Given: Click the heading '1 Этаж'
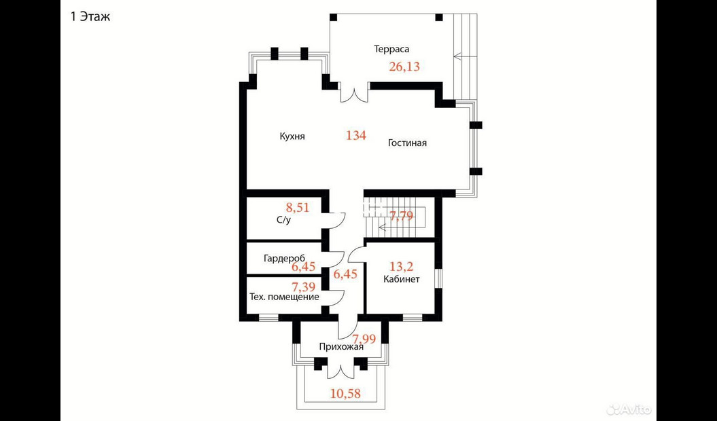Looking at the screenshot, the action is (90, 18).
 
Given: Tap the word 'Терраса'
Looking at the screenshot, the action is (391, 50).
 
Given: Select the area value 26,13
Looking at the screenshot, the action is (404, 67).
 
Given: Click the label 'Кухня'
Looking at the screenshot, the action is (292, 136).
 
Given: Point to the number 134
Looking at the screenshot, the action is (355, 135).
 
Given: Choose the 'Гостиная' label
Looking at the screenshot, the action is (407, 143).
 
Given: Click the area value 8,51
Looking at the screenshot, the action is (298, 208).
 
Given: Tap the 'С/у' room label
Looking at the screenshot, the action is (283, 220).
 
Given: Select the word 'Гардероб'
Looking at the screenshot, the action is (285, 258).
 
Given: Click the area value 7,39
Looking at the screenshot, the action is (304, 287).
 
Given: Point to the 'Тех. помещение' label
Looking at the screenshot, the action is (284, 297).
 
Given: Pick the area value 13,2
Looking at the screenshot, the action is (402, 266).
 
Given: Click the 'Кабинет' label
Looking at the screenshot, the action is (402, 279).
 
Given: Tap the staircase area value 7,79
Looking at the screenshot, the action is (401, 215).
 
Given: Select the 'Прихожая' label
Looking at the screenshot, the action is (341, 347).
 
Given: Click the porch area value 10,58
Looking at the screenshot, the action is (346, 393).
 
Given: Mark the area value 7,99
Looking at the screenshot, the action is (364, 339).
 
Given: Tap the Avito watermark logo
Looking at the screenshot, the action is (629, 409).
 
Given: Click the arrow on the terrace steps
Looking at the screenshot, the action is (465, 56).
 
